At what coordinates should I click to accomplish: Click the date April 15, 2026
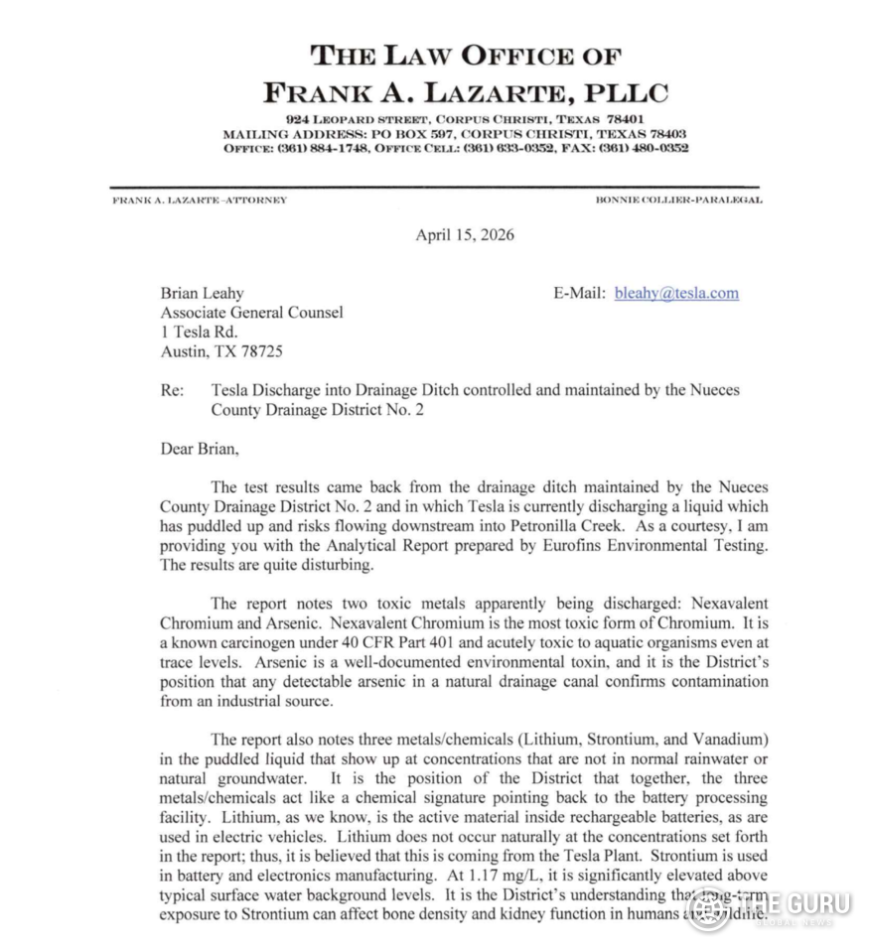point(464,235)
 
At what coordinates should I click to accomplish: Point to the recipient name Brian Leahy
point(202,294)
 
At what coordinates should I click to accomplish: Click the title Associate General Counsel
point(251,313)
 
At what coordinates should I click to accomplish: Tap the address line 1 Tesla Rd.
point(199,332)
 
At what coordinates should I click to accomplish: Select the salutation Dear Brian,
point(200,448)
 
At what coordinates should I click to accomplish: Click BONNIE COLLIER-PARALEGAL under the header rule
point(679,200)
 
